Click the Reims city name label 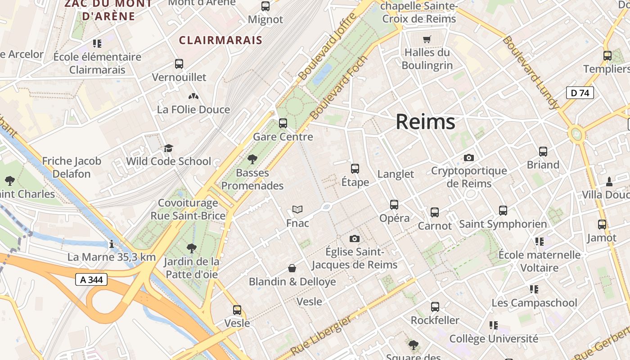[x=425, y=122]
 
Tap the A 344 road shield [x=91, y=279]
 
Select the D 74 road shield [x=580, y=93]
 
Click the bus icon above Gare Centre [x=283, y=123]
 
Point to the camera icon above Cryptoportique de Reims [x=469, y=157]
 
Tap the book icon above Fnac [x=297, y=209]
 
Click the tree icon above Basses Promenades [x=252, y=159]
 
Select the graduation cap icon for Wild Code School [x=168, y=148]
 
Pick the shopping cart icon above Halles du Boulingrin [x=427, y=39]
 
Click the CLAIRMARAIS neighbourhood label [x=220, y=40]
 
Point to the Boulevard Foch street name [x=339, y=87]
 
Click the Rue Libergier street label [x=320, y=335]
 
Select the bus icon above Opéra [x=394, y=205]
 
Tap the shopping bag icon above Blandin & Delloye [x=292, y=268]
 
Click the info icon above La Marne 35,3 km [x=112, y=244]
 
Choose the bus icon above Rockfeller [x=435, y=307]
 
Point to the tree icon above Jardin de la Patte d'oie [x=192, y=248]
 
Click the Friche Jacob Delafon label [x=72, y=167]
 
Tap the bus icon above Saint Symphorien [x=503, y=210]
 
